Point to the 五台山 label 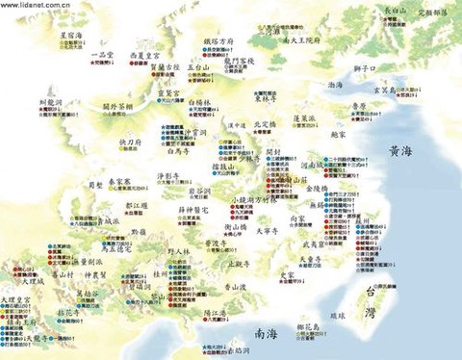click(x=198, y=67)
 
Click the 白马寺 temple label click(x=180, y=150)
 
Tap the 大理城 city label click(x=22, y=285)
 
